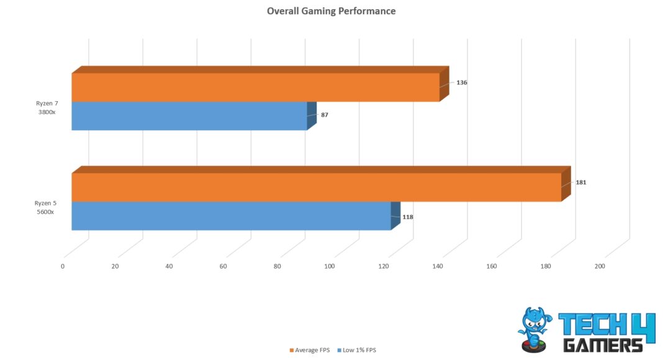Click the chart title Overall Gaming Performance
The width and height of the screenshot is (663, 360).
click(331, 11)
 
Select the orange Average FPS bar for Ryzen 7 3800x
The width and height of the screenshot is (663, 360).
click(255, 88)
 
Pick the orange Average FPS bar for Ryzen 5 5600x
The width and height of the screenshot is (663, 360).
click(316, 187)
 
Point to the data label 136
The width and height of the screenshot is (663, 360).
click(461, 83)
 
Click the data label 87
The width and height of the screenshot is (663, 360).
click(325, 115)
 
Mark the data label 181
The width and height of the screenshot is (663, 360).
click(580, 182)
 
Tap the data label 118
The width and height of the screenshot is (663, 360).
click(407, 217)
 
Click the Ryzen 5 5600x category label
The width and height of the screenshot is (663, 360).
click(45, 207)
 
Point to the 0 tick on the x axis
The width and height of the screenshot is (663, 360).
click(63, 266)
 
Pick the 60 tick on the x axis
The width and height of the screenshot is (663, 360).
click(223, 266)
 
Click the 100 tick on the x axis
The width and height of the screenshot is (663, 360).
click(329, 266)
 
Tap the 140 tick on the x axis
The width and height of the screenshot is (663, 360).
click(437, 266)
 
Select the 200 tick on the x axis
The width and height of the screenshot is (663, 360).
click(599, 266)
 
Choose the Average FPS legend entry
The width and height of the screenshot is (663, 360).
click(311, 350)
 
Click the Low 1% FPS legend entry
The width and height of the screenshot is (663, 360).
click(357, 350)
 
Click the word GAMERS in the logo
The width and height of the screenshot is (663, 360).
click(602, 344)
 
